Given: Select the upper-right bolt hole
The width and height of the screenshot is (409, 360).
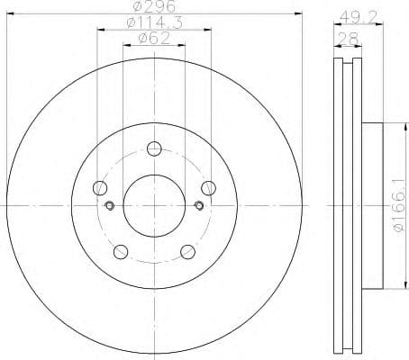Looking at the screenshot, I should coord(208,187).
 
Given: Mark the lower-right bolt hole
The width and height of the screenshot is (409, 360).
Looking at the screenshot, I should coord(187,252).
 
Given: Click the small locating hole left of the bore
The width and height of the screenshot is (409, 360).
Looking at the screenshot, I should coord(110,206).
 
